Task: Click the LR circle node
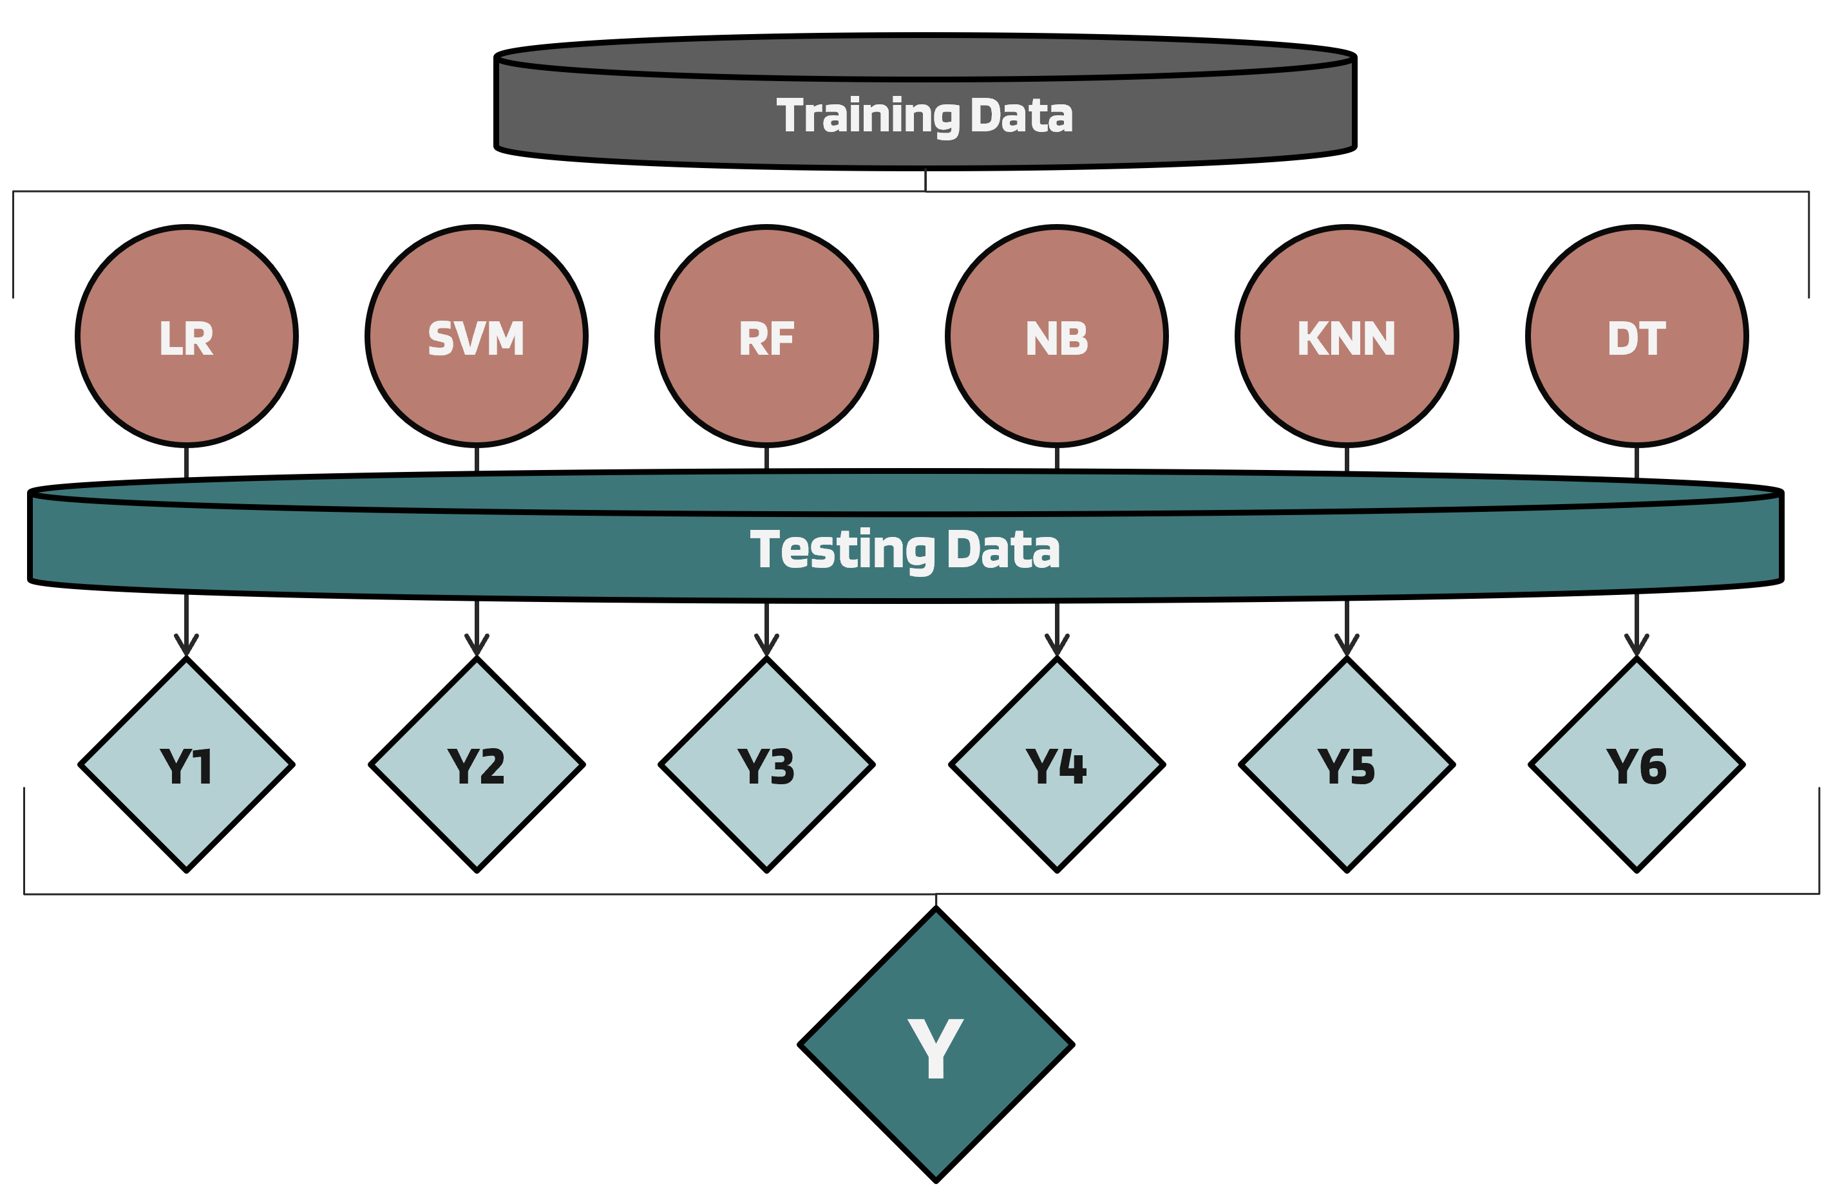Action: pos(187,336)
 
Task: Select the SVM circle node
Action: pos(476,336)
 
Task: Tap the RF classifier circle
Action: pos(766,336)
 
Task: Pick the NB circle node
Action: pos(1056,336)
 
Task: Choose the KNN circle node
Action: pos(1347,336)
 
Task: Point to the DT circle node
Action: pos(1637,336)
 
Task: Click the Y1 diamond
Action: pos(187,765)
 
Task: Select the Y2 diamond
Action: pos(476,765)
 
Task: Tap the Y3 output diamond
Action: pos(766,765)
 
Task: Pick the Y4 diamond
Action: pos(1056,765)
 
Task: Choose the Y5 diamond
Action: pos(1347,765)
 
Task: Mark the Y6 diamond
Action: pos(1637,765)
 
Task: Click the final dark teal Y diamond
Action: pos(936,1045)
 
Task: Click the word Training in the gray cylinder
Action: pos(868,117)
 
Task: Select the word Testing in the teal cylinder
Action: pos(841,550)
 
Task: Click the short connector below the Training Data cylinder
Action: pos(925,181)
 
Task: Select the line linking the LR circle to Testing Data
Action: pos(187,462)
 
